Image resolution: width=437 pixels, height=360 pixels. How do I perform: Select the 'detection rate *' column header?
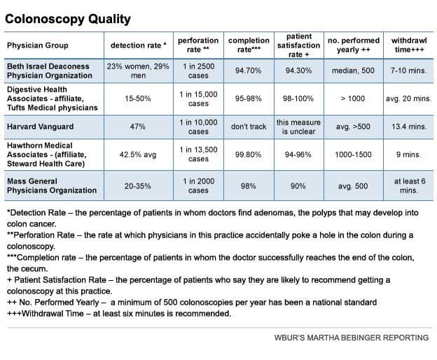pos(137,46)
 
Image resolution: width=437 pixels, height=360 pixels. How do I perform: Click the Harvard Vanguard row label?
pos(40,127)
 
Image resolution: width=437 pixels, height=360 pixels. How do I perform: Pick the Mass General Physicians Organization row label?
pos(51,186)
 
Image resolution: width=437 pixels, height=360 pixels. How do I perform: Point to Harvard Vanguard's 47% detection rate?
pos(137,127)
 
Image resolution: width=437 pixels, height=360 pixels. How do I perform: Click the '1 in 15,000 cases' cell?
pos(198,99)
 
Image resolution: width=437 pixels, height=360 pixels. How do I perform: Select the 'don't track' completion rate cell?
pos(249,127)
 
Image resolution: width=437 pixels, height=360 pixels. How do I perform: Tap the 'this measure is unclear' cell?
pos(298,127)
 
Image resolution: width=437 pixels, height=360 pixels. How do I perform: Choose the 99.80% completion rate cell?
pos(249,155)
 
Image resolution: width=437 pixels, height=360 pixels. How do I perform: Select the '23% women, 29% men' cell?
pos(137,71)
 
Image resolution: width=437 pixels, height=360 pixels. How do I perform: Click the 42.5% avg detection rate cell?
pos(137,155)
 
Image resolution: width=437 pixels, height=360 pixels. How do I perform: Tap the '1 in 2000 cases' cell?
pos(198,186)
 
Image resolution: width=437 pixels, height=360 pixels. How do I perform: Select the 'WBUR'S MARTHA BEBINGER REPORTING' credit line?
pos(351,338)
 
